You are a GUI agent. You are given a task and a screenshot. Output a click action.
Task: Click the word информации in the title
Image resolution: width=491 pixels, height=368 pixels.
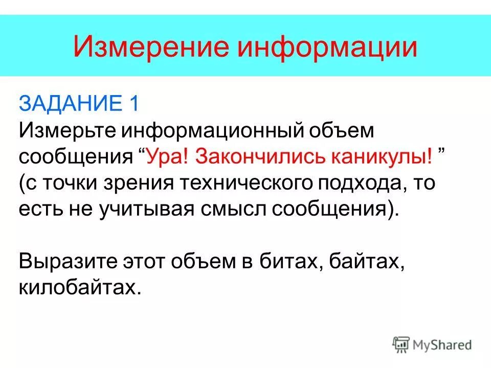tap(327, 47)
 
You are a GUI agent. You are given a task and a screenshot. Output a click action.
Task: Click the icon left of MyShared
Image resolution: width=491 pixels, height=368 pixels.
tap(401, 344)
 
